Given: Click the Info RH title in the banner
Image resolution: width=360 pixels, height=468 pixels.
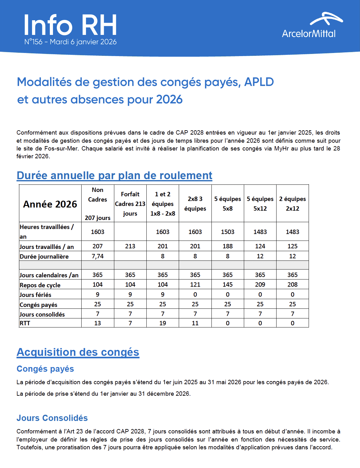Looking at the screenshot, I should [70, 25].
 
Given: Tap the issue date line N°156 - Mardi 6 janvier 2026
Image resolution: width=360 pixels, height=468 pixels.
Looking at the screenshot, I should [70, 42].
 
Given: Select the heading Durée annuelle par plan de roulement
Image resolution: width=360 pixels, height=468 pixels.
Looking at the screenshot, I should [114, 175].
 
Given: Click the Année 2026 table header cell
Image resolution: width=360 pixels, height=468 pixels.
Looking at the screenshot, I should [50, 204].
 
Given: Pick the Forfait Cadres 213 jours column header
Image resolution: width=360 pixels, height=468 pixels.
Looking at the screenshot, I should [130, 204].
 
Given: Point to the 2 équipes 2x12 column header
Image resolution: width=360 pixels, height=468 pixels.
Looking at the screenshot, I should [292, 204].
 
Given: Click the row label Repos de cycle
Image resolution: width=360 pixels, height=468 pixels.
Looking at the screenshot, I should [40, 285].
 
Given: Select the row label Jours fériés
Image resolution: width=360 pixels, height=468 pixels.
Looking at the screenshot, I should [36, 295].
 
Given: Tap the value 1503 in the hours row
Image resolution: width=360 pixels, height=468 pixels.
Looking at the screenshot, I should [228, 232].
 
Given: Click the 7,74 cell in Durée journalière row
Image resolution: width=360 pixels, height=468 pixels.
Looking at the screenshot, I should [97, 256].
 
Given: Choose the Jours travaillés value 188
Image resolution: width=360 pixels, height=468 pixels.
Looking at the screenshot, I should [228, 246].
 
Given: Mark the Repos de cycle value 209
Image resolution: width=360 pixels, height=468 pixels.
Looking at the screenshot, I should [260, 284].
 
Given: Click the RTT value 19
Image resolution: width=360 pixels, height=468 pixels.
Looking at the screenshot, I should [163, 323].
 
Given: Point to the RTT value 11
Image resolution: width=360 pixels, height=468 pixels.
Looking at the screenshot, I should [195, 323].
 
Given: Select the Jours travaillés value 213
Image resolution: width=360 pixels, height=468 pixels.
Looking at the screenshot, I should [130, 246].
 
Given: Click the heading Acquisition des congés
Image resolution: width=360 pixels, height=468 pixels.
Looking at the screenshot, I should [78, 352].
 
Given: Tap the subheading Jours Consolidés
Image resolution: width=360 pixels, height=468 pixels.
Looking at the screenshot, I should [52, 418].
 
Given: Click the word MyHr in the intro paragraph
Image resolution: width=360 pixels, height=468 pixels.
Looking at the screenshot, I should [281, 148].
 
